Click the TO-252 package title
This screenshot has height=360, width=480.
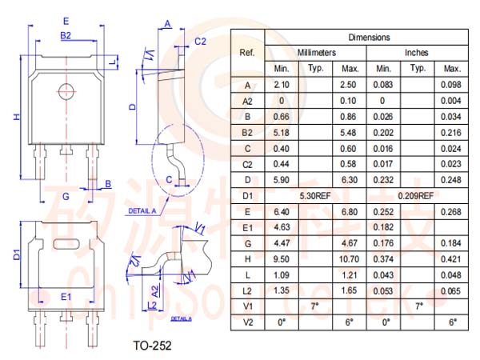152,346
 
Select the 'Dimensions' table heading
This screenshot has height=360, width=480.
369,38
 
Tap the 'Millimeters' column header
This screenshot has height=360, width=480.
317,53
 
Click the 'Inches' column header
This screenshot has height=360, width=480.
416,53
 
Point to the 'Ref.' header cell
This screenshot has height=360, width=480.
247,53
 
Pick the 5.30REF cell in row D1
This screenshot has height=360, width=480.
315,196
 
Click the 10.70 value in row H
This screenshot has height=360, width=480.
349,259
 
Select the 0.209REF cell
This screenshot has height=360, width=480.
416,196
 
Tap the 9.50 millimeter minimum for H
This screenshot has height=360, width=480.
281,259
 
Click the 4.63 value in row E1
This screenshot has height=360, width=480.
281,227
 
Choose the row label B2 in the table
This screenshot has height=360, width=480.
247,133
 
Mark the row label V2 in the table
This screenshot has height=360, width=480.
247,322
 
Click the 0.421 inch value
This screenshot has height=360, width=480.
451,259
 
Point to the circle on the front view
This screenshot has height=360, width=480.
66,91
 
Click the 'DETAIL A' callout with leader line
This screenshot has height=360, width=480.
142,211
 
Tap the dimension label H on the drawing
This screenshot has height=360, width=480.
16,117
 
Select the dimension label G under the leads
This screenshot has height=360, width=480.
66,196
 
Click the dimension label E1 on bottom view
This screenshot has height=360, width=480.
66,297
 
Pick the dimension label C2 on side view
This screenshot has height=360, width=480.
201,41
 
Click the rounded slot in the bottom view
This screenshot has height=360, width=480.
66,244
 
